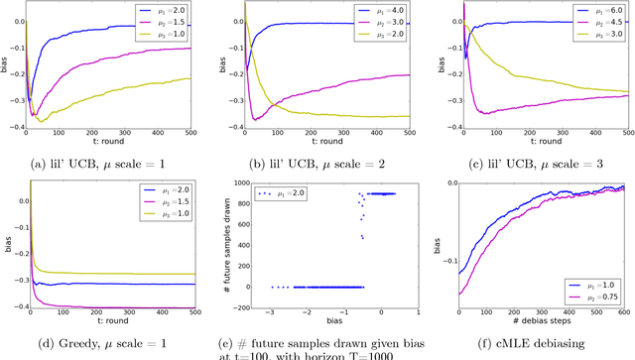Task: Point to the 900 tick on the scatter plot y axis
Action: click(x=239, y=193)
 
